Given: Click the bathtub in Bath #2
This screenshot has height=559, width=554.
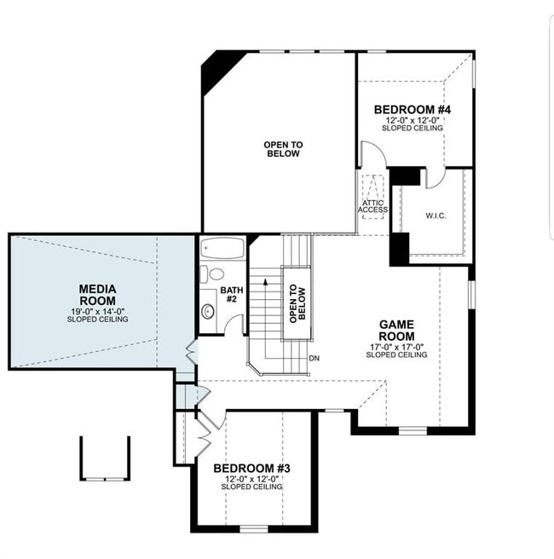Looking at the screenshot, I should (x=222, y=250).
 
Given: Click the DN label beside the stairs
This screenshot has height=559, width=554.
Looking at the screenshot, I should (x=315, y=358).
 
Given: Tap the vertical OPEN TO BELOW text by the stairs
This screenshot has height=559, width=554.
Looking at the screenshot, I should (x=295, y=303).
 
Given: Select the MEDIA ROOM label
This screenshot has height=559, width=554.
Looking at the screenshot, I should (x=97, y=295).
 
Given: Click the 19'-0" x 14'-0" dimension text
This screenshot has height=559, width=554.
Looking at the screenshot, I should (x=97, y=311).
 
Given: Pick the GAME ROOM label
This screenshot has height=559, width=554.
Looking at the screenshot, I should (x=395, y=330).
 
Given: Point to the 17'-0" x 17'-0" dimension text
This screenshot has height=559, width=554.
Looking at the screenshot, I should (x=395, y=346).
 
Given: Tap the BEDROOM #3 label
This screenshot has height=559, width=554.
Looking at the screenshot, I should (x=251, y=469).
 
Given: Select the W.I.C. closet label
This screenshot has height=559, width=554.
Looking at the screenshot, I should (x=436, y=216).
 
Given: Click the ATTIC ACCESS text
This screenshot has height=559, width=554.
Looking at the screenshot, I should (x=373, y=206).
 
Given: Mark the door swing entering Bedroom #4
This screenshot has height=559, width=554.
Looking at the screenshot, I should (x=372, y=155).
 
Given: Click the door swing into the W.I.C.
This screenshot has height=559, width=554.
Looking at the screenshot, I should (x=434, y=177).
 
